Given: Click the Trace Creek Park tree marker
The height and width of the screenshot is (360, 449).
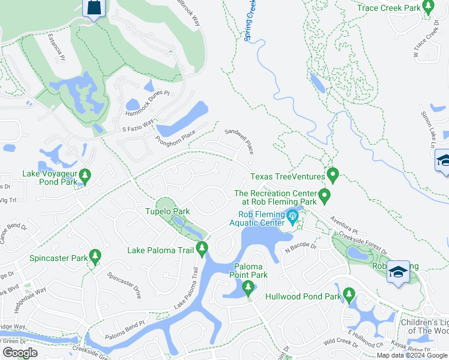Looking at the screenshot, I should [x=428, y=7].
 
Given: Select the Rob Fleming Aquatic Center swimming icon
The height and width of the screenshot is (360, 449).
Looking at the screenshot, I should [x=292, y=217].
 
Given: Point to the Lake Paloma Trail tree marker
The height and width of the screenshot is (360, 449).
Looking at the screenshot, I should [x=202, y=248].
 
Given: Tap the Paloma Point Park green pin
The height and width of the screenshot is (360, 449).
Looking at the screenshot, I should [x=248, y=289].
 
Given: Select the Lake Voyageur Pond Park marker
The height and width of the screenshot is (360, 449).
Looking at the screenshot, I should [x=85, y=176].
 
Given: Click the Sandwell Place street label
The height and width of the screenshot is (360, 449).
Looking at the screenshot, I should [x=240, y=141].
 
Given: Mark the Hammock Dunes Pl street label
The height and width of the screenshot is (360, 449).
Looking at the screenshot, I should [x=148, y=104].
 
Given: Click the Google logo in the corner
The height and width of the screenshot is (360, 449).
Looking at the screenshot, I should [x=20, y=353].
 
